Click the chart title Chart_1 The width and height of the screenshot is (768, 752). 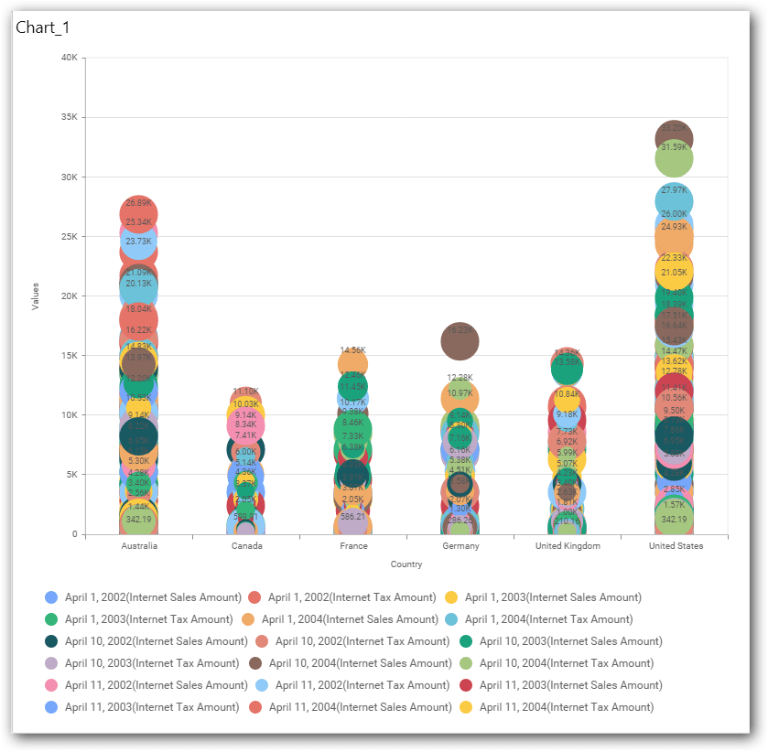pyautogui.click(x=43, y=27)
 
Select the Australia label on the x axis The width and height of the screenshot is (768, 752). pyautogui.click(x=139, y=546)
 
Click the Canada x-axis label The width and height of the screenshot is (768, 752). pyautogui.click(x=246, y=546)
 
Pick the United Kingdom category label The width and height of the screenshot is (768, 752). pyautogui.click(x=568, y=546)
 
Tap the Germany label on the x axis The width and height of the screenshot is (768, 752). pyautogui.click(x=460, y=546)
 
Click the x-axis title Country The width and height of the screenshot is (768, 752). pyautogui.click(x=406, y=564)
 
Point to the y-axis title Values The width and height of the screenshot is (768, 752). pyautogui.click(x=36, y=296)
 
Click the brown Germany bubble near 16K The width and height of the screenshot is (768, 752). pyautogui.click(x=460, y=341)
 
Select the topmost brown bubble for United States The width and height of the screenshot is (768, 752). pyautogui.click(x=674, y=137)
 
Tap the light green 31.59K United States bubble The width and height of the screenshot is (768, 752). pyautogui.click(x=674, y=159)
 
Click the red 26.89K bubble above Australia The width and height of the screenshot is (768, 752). pyautogui.click(x=139, y=212)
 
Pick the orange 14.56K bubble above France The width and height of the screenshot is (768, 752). pyautogui.click(x=353, y=362)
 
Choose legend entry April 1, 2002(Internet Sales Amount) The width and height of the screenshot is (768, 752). pyautogui.click(x=145, y=597)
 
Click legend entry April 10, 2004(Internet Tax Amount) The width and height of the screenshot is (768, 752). pyautogui.click(x=557, y=663)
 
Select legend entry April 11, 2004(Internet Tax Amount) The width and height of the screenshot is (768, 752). pyautogui.click(x=557, y=707)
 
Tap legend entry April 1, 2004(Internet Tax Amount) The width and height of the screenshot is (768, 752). pyautogui.click(x=557, y=619)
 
